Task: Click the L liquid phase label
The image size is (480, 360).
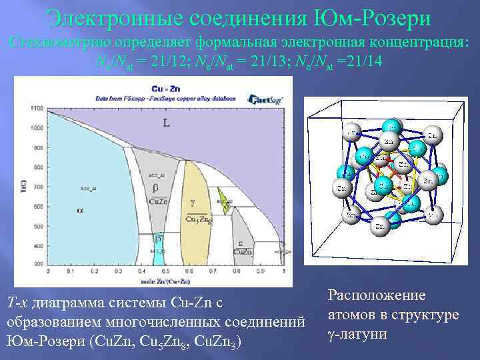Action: click(x=166, y=123)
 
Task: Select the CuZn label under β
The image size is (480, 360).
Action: click(x=158, y=201)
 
